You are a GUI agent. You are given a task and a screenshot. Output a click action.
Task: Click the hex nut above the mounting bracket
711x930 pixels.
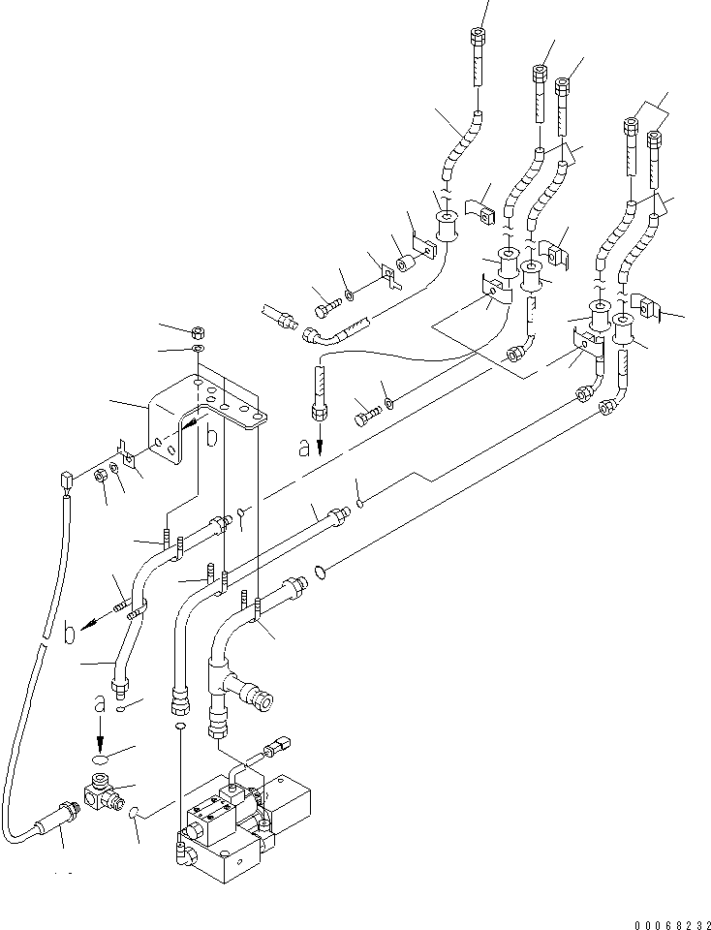(x=197, y=331)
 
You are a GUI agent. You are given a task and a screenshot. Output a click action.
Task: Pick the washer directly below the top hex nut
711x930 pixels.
(x=197, y=348)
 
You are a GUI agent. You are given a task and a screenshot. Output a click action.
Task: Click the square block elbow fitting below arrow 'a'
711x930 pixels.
(x=100, y=792)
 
